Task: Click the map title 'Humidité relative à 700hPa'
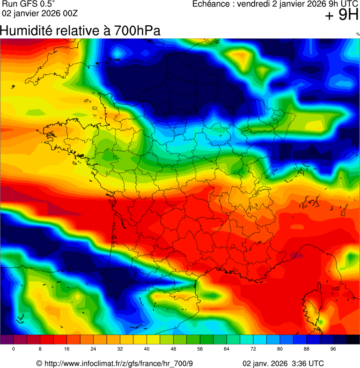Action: (80, 31)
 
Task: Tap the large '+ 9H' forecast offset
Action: (342, 15)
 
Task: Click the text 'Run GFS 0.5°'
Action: (29, 4)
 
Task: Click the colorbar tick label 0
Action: (13, 349)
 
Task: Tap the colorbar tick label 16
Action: (66, 349)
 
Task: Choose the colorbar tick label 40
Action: (147, 349)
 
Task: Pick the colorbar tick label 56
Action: (200, 349)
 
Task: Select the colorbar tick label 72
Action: (253, 349)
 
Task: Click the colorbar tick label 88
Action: (307, 349)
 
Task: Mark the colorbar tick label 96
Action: (333, 349)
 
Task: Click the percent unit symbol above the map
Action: (358, 34)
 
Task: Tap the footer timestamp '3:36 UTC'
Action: (307, 363)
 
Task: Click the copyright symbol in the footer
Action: (39, 363)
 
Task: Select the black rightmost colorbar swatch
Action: (353, 339)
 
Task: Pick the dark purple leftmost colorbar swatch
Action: (7, 339)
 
